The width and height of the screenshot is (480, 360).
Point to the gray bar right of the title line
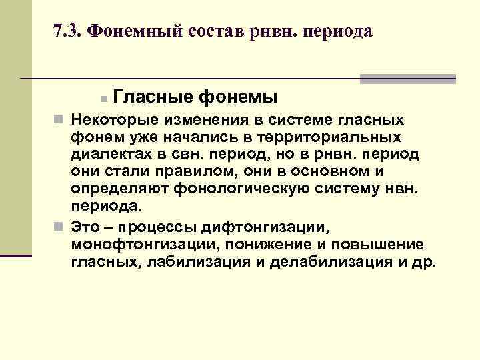pos(407,79)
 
